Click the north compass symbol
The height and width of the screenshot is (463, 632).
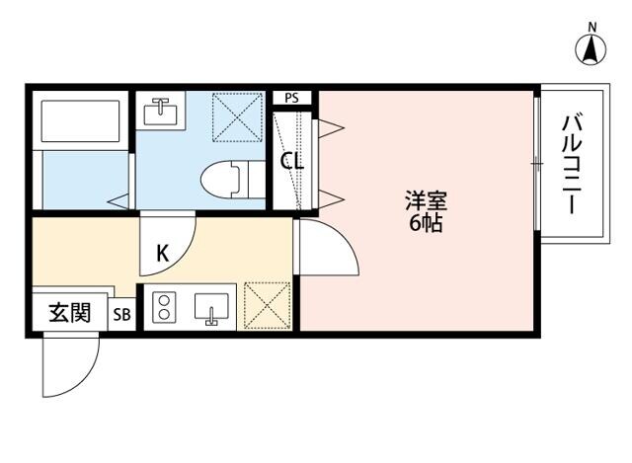point(592,45)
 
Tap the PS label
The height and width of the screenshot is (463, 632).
point(292,97)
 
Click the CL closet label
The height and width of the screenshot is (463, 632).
point(292,162)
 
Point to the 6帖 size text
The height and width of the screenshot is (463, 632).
point(426,224)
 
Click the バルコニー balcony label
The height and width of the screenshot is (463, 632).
point(571,164)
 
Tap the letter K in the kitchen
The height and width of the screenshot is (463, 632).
point(163,253)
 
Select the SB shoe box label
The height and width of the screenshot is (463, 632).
point(123,315)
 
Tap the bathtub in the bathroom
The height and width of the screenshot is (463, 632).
point(81,120)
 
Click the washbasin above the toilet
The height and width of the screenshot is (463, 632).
point(160,111)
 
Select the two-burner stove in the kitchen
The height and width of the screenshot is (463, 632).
point(162,308)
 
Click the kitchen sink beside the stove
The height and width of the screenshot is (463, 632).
point(211,308)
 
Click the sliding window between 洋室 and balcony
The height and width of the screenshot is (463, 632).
point(537,162)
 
